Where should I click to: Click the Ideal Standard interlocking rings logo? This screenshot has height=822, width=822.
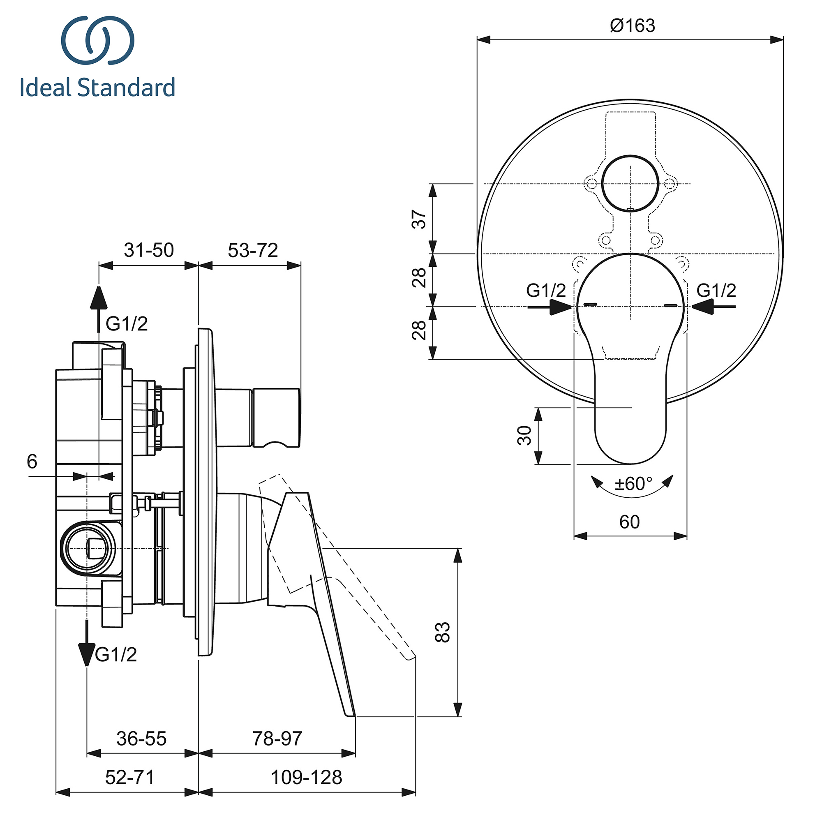coord(98,41)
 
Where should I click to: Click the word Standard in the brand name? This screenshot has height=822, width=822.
coord(126,87)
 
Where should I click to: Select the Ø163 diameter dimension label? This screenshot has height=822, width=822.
coord(632,26)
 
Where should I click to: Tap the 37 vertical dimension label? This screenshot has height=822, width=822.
coord(420,219)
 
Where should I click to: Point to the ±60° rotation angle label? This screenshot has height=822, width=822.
coord(633,484)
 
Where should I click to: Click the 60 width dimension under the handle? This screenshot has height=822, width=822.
coord(629,522)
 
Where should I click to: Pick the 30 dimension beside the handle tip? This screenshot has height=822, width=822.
coord(525,435)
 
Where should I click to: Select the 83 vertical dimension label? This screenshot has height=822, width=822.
coord(443,632)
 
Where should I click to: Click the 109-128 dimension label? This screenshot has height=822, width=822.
coord(306,777)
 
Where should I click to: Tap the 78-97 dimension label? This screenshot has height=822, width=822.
coord(277,739)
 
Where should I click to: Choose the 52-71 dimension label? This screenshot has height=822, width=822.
coord(129,777)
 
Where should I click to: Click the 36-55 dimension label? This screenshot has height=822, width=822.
coord(141,739)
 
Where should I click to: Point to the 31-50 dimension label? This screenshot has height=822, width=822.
coord(148,250)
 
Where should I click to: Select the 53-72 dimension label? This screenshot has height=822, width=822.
coord(253,250)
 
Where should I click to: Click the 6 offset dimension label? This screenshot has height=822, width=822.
coord(32,461)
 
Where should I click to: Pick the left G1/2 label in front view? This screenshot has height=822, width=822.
coord(546,291)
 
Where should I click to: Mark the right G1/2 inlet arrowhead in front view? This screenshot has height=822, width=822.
coord(702,306)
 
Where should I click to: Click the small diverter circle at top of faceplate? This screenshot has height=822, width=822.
coord(630,184)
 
